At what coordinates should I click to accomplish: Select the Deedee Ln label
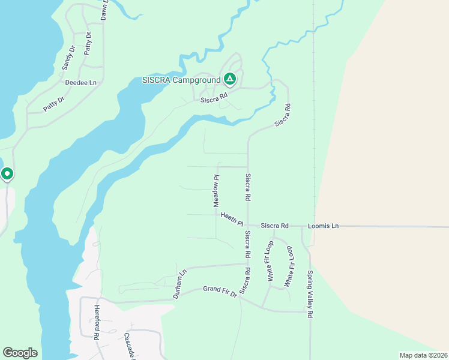tap(80, 82)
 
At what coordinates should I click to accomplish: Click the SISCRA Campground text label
tap(181, 80)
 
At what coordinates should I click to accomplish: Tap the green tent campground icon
tap(229, 79)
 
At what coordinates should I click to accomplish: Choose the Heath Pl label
tap(232, 220)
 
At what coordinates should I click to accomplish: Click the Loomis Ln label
tap(323, 226)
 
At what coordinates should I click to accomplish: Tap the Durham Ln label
tap(180, 284)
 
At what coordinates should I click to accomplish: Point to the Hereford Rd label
tap(96, 322)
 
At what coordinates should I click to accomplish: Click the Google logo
tap(20, 353)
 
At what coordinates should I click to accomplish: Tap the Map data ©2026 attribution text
tap(423, 355)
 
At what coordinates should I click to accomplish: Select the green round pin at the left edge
tap(7, 174)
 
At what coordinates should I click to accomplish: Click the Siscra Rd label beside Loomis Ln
tap(275, 226)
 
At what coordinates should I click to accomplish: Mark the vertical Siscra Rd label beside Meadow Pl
tap(247, 187)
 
